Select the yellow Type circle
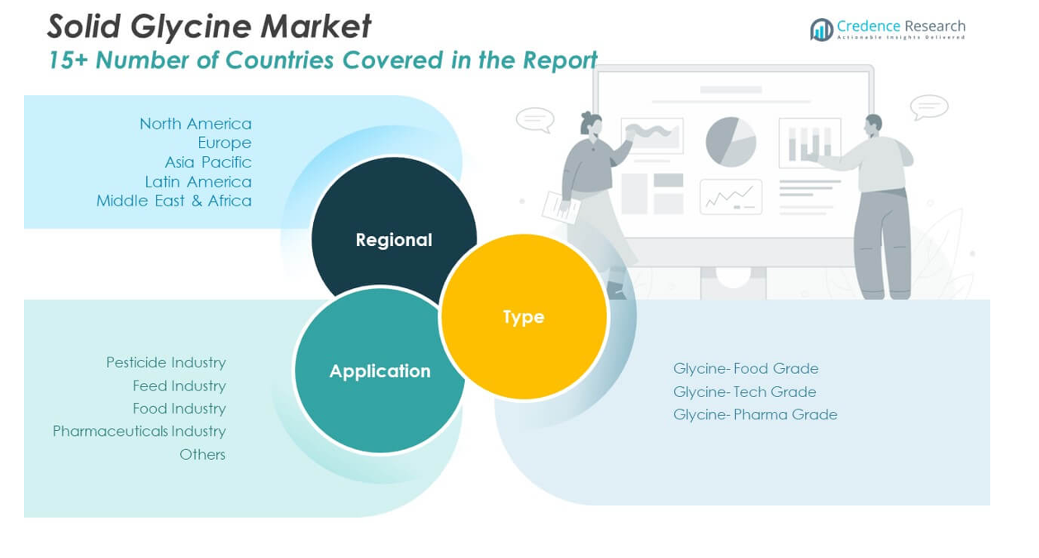(524, 317)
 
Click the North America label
(195, 124)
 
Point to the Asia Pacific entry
(207, 162)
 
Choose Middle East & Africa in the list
(173, 201)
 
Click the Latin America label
(197, 182)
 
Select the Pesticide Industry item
(165, 362)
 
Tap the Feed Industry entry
(178, 385)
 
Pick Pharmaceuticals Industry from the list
(139, 431)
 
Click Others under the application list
(202, 454)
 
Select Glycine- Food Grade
(745, 368)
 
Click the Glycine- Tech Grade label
(744, 391)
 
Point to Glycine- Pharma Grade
(755, 414)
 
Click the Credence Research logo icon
(821, 30)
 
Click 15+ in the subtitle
(64, 60)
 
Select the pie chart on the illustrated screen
(731, 141)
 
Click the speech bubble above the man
(928, 107)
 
